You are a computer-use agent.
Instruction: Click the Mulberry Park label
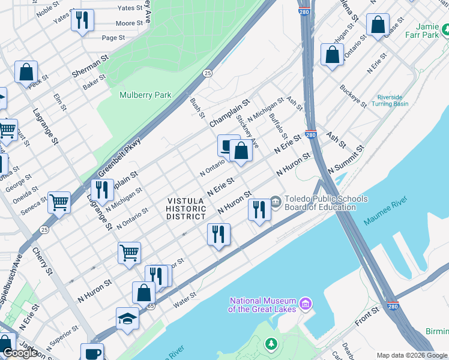[145, 95]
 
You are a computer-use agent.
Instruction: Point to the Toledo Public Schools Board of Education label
[327, 203]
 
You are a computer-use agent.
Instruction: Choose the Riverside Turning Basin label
[393, 100]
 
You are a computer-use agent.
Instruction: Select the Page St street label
[113, 38]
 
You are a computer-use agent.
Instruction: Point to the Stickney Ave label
[247, 131]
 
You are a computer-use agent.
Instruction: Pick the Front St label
[367, 313]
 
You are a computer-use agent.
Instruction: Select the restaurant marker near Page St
[82, 20]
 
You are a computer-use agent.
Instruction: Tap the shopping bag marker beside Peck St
[26, 73]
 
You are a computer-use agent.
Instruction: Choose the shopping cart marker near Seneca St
[59, 202]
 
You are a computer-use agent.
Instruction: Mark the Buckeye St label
[353, 96]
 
